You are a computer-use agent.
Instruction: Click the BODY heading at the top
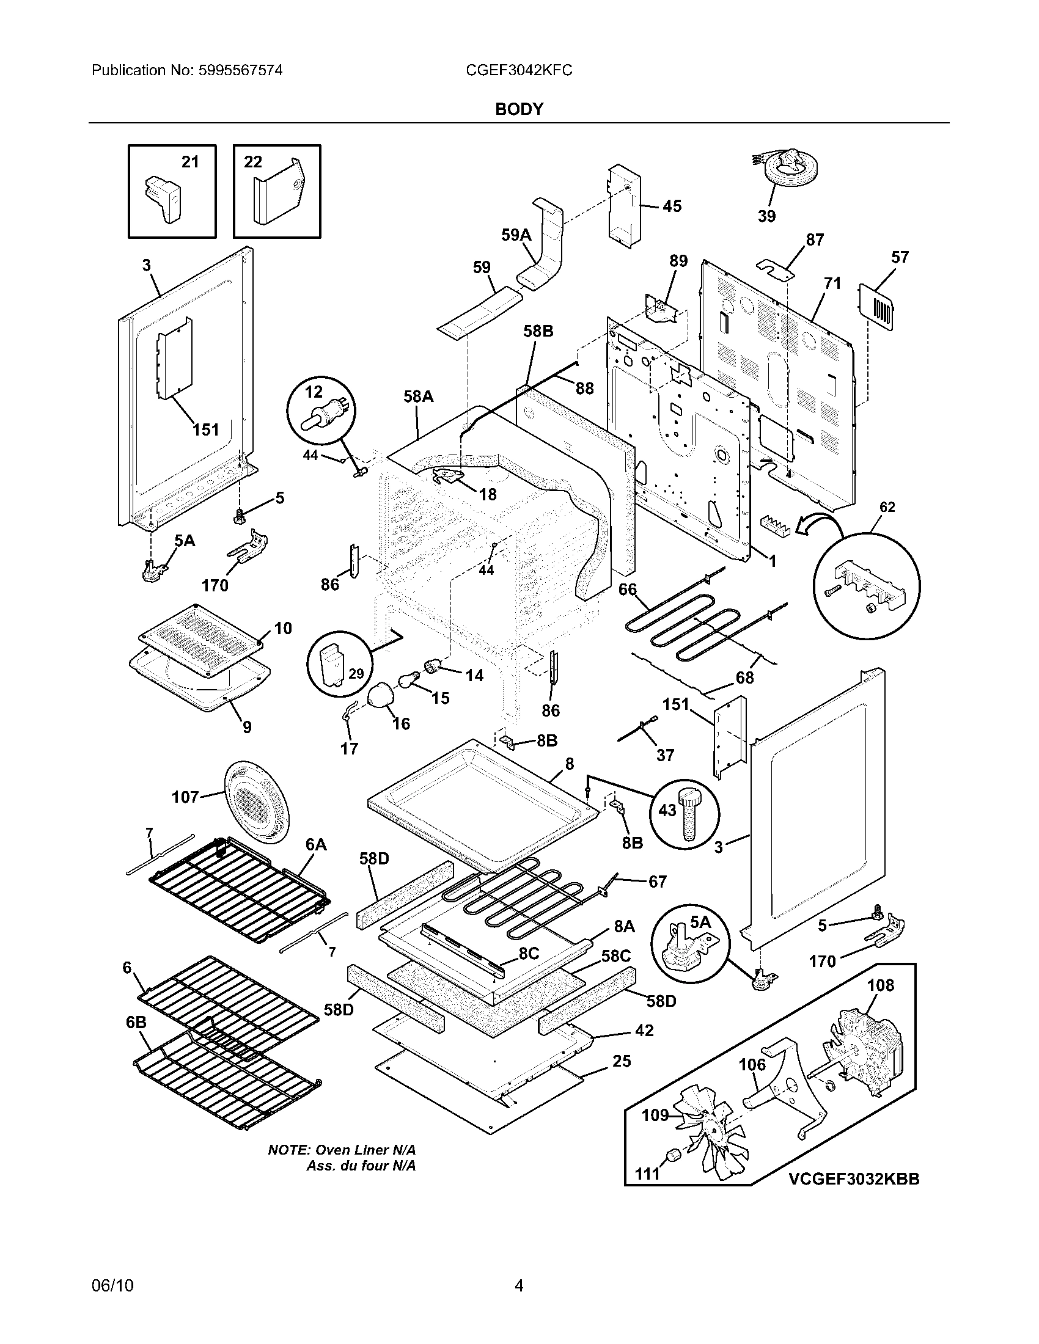(x=519, y=109)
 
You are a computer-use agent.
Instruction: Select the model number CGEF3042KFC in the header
(x=519, y=70)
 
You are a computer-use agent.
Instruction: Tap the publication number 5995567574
(x=241, y=70)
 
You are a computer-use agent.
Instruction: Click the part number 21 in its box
(x=190, y=162)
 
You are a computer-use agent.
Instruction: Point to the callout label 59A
(x=516, y=235)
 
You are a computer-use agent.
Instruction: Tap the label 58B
(x=538, y=331)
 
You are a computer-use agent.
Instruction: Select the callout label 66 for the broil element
(x=628, y=590)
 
